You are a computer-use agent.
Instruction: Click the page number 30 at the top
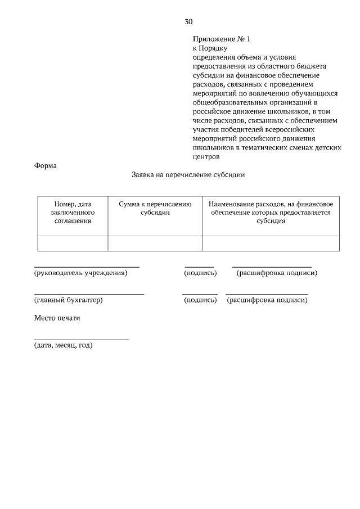click(188, 22)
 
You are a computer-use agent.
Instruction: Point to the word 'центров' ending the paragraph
click(205, 157)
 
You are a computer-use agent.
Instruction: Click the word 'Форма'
click(46, 166)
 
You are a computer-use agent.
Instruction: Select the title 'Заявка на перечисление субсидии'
click(188, 175)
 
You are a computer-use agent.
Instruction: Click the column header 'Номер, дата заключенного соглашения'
click(72, 213)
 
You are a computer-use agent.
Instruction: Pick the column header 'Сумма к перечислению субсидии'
click(155, 208)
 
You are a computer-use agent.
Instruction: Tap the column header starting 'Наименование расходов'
click(271, 213)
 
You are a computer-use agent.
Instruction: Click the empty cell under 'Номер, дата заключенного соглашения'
click(72, 243)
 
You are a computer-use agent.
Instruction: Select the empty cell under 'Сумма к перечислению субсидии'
click(155, 243)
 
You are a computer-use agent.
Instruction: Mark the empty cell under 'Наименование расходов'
click(271, 243)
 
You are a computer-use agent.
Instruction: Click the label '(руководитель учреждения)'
click(80, 273)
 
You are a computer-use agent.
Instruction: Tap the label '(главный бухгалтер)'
click(68, 300)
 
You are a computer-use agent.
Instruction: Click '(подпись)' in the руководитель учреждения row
click(200, 273)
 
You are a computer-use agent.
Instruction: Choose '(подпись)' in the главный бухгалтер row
click(200, 300)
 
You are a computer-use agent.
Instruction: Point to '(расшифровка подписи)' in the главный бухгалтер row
click(267, 300)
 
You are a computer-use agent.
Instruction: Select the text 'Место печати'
click(57, 318)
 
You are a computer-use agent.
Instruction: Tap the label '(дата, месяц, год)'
click(63, 345)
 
